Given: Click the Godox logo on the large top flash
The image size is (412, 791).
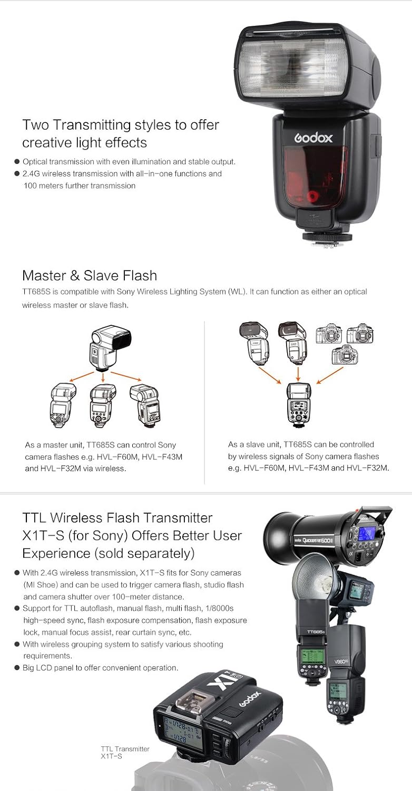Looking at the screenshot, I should tap(313, 139).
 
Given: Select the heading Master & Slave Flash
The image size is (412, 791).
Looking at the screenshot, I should tap(90, 275).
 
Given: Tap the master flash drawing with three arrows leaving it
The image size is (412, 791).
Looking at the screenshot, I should tap(103, 348).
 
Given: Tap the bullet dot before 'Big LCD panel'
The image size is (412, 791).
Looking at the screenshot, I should tap(17, 668).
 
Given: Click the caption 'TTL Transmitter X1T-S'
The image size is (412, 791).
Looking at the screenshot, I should tap(125, 753).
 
